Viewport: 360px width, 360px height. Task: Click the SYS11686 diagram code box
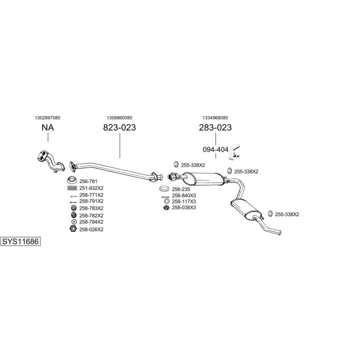[x=20, y=241]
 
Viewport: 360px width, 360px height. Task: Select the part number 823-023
[x=119, y=127]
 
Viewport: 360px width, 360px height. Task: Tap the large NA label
[x=47, y=127]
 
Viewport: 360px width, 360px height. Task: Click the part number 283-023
[x=215, y=127]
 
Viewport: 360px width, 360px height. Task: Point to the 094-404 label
[x=215, y=149]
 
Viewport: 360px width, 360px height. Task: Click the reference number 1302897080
[x=47, y=117]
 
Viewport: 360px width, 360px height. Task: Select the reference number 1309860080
[x=119, y=117]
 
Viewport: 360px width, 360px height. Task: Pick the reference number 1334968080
[x=215, y=117]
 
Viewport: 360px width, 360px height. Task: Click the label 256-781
[x=87, y=181]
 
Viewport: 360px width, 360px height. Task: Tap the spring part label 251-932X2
[x=91, y=188]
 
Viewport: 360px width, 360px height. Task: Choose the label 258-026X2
[x=91, y=229]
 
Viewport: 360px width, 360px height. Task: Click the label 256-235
[x=180, y=189]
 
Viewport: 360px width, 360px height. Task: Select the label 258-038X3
[x=183, y=207]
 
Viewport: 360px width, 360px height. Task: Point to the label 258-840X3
[x=183, y=195]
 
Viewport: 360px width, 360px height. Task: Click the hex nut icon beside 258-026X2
[x=72, y=229]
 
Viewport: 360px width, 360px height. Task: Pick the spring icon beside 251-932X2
[x=72, y=188]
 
